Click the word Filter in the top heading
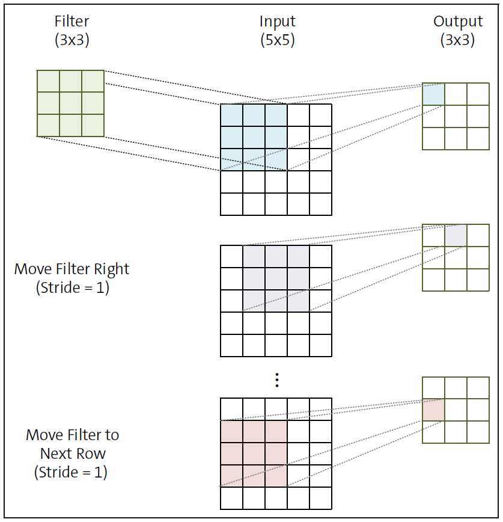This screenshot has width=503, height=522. tap(71, 22)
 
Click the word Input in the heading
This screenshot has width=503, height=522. tap(277, 22)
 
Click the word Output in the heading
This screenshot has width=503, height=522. tap(458, 22)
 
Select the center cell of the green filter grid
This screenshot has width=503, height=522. tap(70, 103)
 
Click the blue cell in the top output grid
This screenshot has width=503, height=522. tap(433, 94)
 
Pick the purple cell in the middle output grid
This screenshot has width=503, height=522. tap(456, 235)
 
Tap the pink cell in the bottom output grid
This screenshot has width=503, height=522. tap(433, 410)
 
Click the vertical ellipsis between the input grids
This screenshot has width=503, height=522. tap(276, 380)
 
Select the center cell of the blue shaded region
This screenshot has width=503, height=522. tap(254, 137)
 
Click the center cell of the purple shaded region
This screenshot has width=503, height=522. tap(276, 278)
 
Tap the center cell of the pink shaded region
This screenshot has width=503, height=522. tap(254, 453)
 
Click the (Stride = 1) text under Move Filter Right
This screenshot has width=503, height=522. tap(72, 287)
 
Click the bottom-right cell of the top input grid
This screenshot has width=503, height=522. tap(320, 204)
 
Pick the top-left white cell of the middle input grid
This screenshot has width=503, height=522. tap(232, 256)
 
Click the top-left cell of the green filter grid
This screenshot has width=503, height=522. tap(48, 81)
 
